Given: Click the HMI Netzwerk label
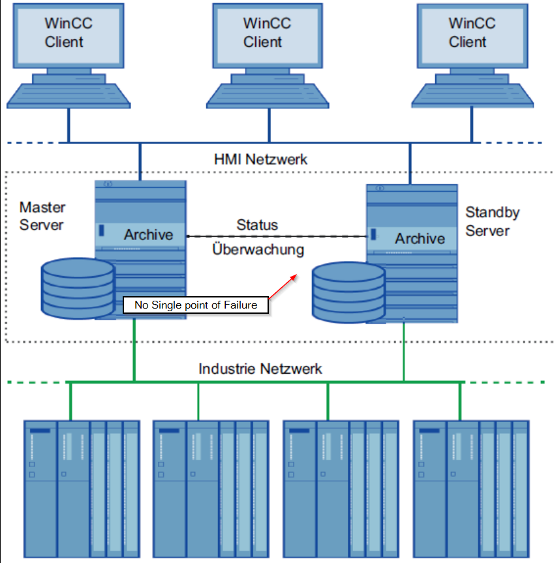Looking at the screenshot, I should coord(260,159).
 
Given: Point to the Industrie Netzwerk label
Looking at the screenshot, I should coord(260,369).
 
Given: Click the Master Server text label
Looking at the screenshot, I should coord(42,216).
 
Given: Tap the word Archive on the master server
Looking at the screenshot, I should coord(149,235).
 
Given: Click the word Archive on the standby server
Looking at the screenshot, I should coord(420,239).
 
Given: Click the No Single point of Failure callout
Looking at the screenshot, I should coord(196,305).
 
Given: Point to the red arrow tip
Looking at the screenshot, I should coord(297,275).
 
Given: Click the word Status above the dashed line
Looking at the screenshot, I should coord(256,225).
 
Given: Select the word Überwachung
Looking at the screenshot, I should coord(258,249).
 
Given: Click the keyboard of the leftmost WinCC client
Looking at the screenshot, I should coord(68,95).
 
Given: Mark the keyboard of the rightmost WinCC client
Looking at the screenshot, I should coord(472,95).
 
